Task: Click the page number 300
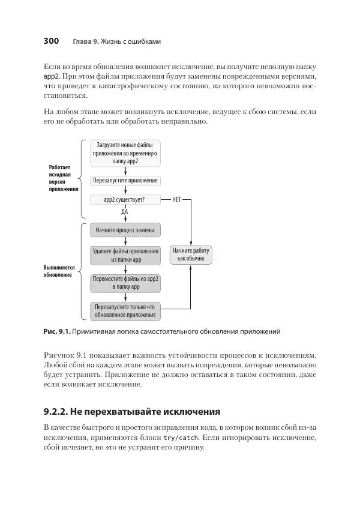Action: pos(50,41)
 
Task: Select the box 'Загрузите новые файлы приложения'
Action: pos(125,154)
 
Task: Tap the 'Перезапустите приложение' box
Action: pos(125,180)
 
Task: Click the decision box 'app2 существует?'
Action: pos(125,199)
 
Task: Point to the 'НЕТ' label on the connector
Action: pos(176,199)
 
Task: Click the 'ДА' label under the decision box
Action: pos(125,211)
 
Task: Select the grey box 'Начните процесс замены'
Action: pos(125,230)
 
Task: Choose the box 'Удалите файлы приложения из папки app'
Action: pos(125,256)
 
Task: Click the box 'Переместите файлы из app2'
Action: pos(125,283)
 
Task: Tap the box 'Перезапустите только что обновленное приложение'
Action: pos(125,310)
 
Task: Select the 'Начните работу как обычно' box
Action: pos(191,254)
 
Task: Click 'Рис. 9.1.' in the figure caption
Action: pos(57,331)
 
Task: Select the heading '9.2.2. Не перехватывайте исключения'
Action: pos(133,412)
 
